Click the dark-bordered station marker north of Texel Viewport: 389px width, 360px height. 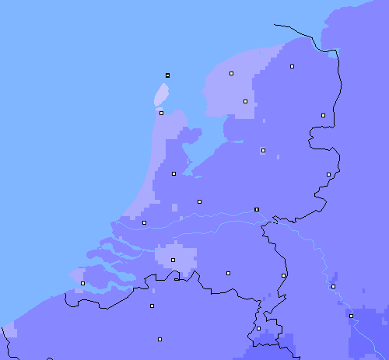click(167, 75)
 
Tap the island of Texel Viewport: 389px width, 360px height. click(162, 95)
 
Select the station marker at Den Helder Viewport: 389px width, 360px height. click(161, 113)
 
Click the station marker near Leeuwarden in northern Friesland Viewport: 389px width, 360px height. click(231, 73)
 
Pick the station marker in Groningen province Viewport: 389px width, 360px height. click(292, 67)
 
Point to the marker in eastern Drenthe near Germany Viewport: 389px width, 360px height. click(323, 115)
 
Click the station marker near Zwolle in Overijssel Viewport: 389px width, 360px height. click(263, 150)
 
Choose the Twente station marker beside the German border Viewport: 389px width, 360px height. click(328, 174)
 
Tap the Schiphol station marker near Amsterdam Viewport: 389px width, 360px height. click(173, 173)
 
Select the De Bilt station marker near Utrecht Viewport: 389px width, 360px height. click(199, 201)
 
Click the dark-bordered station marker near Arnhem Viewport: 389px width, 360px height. click(257, 209)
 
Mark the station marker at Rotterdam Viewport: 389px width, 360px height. click(144, 222)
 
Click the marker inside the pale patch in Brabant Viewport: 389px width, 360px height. click(173, 260)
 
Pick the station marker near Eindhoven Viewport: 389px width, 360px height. click(228, 273)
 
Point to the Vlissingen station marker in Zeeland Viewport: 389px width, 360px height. click(82, 283)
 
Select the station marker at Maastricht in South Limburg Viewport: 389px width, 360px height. click(258, 328)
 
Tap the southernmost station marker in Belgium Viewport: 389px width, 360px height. click(159, 339)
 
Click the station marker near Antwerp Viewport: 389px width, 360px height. click(152, 306)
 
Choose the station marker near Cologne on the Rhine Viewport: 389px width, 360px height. click(351, 316)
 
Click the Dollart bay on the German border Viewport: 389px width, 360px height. click(334, 54)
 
